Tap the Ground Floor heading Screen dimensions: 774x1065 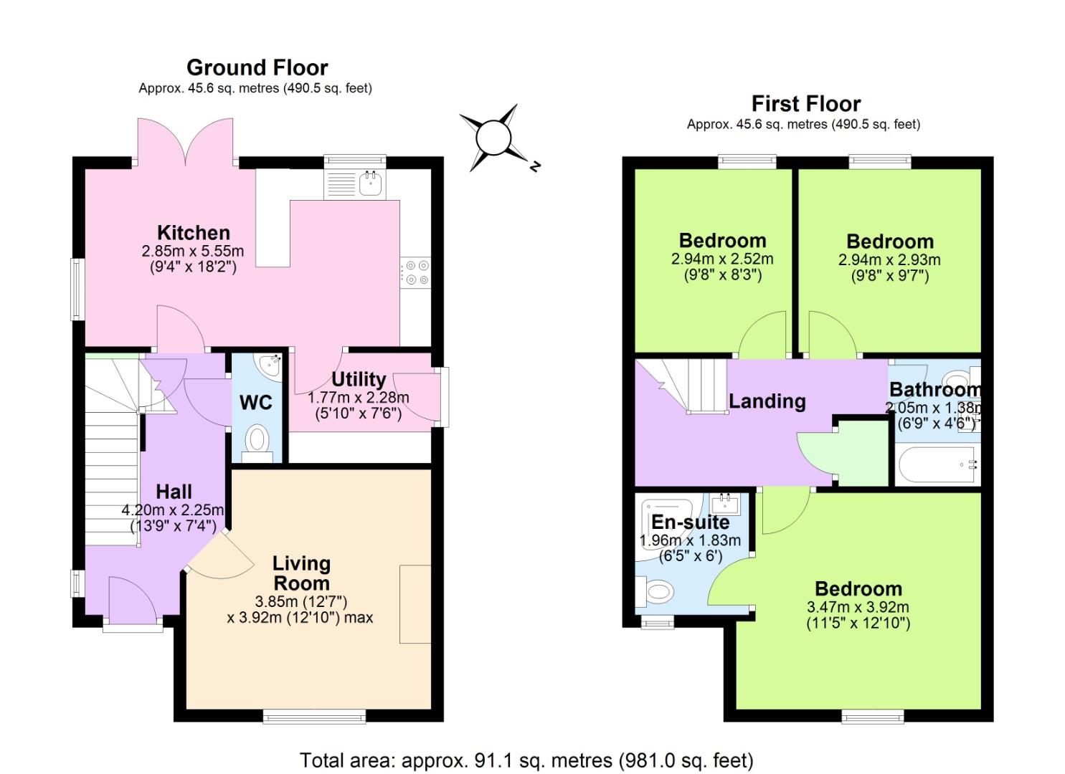click(x=257, y=67)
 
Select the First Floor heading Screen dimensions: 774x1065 click(x=805, y=104)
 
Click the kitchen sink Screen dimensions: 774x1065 click(x=370, y=184)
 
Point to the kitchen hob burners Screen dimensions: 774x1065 click(x=417, y=272)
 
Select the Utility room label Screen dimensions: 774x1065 click(x=359, y=379)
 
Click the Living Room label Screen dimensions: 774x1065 click(x=301, y=573)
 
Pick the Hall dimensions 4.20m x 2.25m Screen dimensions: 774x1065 click(x=173, y=510)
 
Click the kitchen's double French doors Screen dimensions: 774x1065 click(x=185, y=143)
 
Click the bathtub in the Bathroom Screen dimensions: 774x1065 click(x=937, y=465)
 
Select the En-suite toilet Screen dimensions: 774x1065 click(x=655, y=592)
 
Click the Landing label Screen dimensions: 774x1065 click(x=767, y=401)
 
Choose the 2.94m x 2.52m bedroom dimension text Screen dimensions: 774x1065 click(x=722, y=259)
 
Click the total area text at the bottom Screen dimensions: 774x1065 click(x=526, y=760)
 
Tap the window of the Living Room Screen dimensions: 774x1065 click(x=313, y=715)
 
